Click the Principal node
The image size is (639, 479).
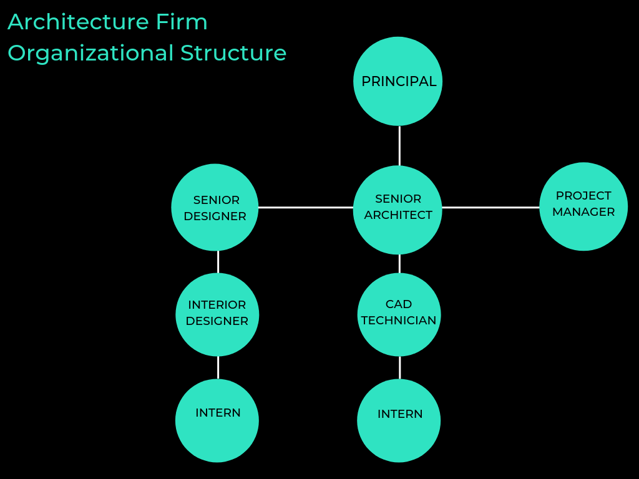[x=398, y=82]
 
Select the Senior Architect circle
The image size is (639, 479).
[x=398, y=210]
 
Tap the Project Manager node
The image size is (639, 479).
[x=583, y=206]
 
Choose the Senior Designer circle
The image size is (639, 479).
[x=215, y=208]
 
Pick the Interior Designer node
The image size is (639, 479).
[x=217, y=314]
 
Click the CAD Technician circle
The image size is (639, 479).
[x=399, y=314]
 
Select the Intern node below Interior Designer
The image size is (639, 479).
[x=217, y=420]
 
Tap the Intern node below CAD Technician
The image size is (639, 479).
[x=399, y=420]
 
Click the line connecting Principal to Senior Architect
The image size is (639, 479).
[x=399, y=145]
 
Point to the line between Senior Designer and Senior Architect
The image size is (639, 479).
[x=306, y=207]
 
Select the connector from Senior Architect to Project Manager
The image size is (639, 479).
[x=490, y=207]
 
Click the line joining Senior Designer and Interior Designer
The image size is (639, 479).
[x=218, y=262]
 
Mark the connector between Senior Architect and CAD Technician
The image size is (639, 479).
[x=399, y=264]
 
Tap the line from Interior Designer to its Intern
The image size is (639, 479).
[x=218, y=367]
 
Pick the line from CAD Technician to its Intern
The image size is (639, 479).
[x=399, y=367]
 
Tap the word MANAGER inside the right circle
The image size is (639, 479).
[x=583, y=212]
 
